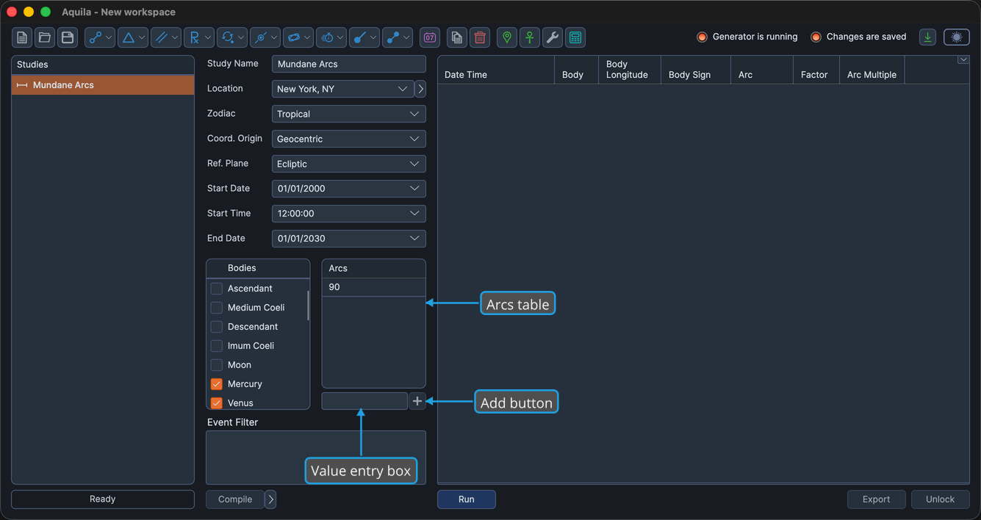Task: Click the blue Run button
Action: point(466,499)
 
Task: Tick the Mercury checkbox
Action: point(216,384)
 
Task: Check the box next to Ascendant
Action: point(216,289)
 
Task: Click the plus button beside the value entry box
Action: point(417,401)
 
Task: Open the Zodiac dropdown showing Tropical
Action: point(348,114)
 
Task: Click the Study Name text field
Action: point(348,64)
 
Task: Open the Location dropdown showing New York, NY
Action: point(342,89)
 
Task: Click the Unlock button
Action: point(940,499)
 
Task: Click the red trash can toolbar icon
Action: point(480,37)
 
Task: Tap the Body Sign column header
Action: point(689,74)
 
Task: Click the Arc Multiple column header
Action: point(871,74)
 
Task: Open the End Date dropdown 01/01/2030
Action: point(348,239)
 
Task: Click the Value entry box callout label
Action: point(360,471)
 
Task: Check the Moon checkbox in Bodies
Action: point(216,364)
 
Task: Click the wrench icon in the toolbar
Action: point(553,37)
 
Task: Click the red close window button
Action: point(12,12)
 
